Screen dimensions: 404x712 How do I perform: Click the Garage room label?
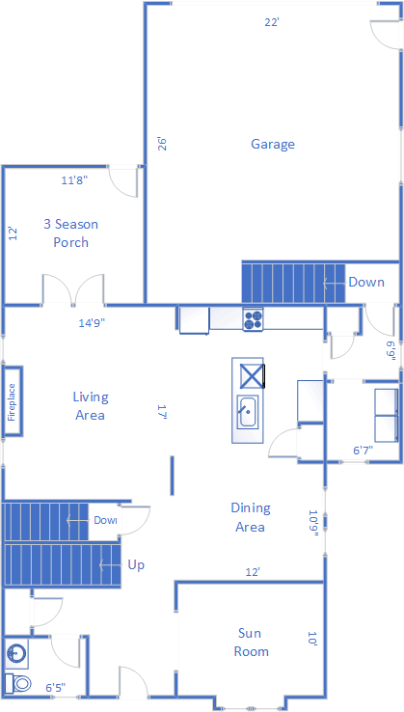click(x=273, y=145)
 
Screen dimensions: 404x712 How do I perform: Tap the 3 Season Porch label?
click(x=70, y=233)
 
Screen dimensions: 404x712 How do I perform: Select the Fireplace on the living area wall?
click(x=13, y=402)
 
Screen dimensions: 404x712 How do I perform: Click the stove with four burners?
click(x=253, y=318)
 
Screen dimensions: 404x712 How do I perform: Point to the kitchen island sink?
click(x=248, y=411)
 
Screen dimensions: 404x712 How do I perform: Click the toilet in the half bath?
click(x=17, y=682)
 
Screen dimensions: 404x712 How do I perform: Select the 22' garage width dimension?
click(x=272, y=22)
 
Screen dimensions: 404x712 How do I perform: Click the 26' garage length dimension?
click(x=163, y=144)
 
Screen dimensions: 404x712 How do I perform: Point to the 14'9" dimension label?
click(x=93, y=323)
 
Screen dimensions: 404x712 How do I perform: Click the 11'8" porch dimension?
click(x=74, y=180)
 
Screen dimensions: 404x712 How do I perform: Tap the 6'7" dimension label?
click(x=364, y=450)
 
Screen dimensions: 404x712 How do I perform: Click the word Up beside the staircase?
click(x=136, y=565)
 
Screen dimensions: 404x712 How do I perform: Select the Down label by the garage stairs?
click(x=366, y=282)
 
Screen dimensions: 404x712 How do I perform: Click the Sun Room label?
click(x=251, y=643)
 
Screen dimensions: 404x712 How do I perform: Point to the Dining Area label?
click(x=250, y=517)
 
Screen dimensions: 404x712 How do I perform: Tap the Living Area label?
click(x=91, y=405)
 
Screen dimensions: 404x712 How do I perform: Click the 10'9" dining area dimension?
click(x=313, y=523)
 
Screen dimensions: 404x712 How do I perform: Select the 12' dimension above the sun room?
click(x=253, y=573)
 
